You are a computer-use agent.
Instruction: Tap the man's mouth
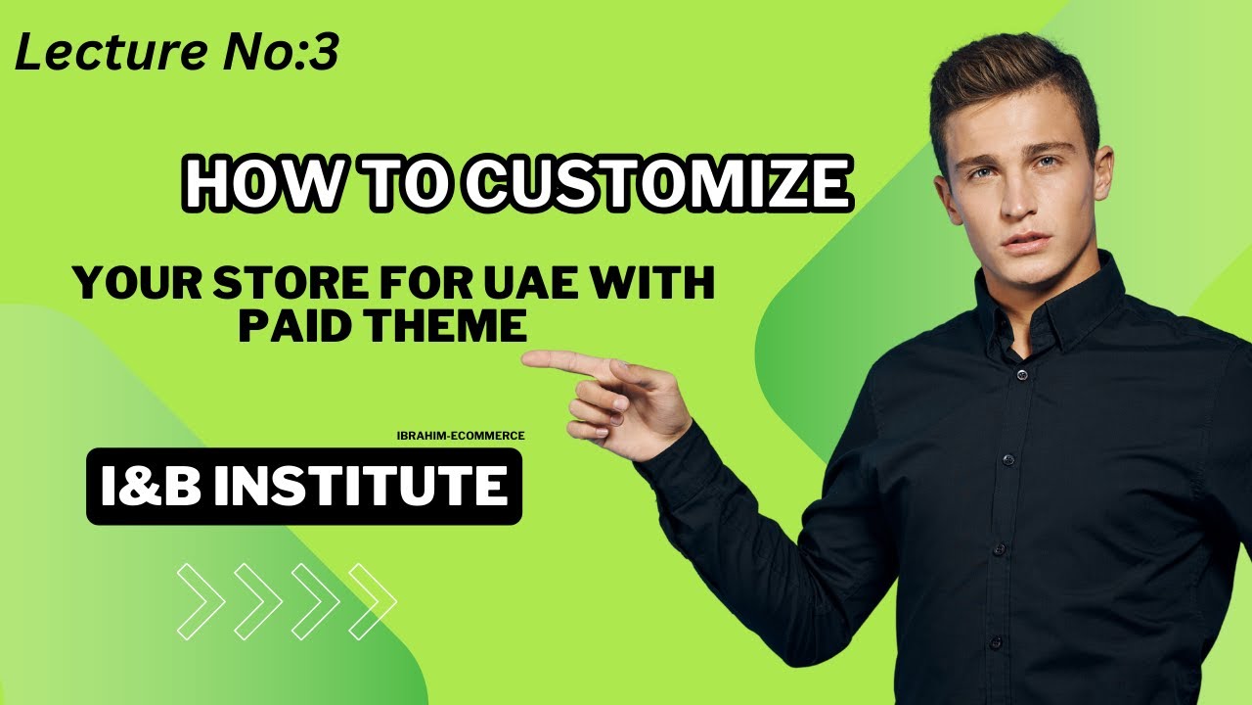click(1015, 242)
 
